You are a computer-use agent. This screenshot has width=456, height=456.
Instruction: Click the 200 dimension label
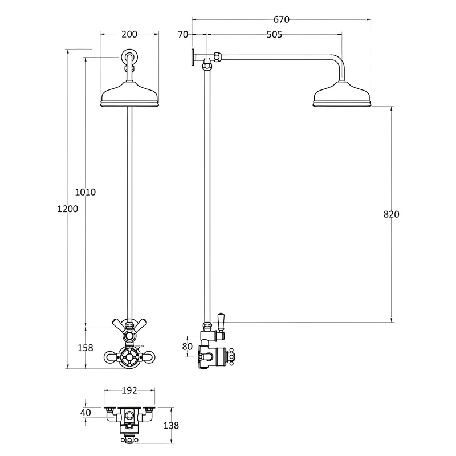click(x=129, y=34)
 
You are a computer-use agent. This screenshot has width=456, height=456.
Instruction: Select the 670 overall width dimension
click(x=281, y=19)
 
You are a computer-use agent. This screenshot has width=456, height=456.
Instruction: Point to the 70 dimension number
click(x=182, y=34)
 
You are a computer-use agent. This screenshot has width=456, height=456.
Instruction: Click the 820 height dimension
click(x=391, y=214)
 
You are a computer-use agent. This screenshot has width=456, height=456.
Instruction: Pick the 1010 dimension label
click(x=85, y=192)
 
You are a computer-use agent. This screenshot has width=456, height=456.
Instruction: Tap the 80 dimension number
click(x=188, y=347)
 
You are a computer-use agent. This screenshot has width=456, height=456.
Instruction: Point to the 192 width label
click(x=129, y=390)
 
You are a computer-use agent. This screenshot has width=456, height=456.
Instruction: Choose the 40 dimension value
click(x=85, y=413)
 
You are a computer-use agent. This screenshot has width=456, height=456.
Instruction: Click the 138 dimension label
click(x=171, y=425)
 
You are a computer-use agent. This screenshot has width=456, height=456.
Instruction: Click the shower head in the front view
click(x=129, y=95)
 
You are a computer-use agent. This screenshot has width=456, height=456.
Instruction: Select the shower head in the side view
click(x=343, y=95)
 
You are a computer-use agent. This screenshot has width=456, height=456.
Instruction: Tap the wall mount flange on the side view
click(x=194, y=57)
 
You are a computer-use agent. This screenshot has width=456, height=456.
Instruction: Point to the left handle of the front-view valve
click(x=110, y=357)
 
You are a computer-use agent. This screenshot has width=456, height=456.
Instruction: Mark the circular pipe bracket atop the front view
click(x=129, y=58)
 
